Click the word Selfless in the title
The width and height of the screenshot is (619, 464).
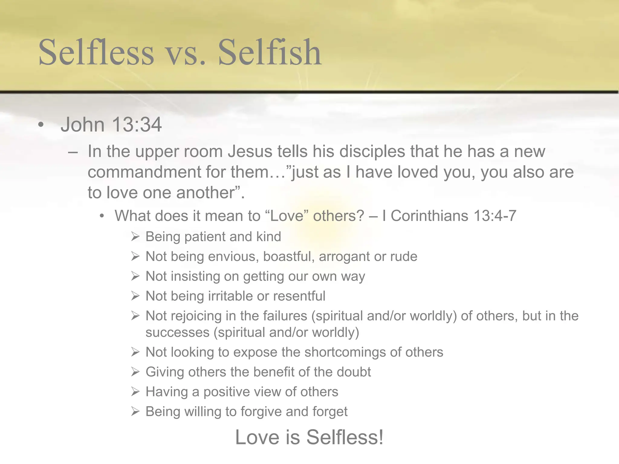pyautogui.click(x=96, y=52)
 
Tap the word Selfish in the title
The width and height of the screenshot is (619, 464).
pyautogui.click(x=270, y=52)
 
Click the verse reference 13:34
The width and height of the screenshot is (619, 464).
pyautogui.click(x=137, y=124)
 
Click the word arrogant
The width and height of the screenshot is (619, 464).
pyautogui.click(x=344, y=257)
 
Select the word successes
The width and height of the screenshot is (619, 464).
pyautogui.click(x=177, y=332)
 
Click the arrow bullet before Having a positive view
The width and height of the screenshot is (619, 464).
pyautogui.click(x=135, y=392)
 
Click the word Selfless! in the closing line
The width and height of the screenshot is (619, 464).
pyautogui.click(x=345, y=437)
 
